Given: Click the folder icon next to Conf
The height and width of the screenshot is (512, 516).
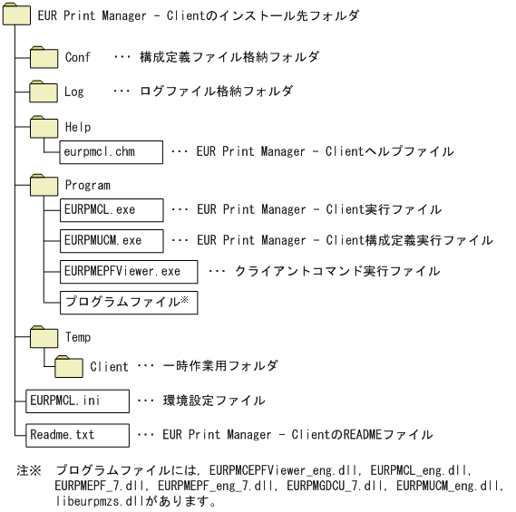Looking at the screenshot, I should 44,59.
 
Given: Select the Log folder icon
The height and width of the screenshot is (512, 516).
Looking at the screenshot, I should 44,92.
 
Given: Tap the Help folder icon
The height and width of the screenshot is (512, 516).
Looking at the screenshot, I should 44,127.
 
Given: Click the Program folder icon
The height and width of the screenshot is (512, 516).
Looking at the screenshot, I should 44,184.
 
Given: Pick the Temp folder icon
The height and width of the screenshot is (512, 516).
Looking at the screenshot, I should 44,338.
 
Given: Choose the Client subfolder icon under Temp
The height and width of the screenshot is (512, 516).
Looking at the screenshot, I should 68,367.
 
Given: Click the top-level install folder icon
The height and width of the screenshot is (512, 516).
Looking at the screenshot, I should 19,17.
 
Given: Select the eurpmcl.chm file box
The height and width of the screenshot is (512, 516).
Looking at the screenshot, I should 111,151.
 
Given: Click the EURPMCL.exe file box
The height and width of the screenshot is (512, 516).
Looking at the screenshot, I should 111,209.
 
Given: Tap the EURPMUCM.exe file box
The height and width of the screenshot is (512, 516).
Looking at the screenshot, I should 111,240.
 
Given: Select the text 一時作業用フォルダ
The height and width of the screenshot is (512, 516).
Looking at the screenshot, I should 219,367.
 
